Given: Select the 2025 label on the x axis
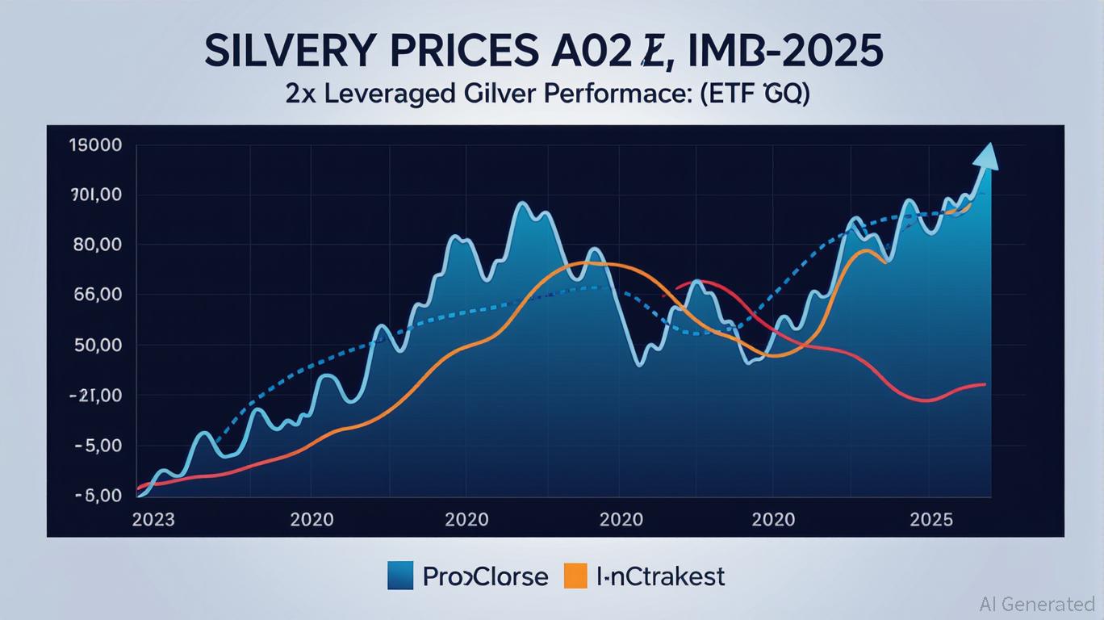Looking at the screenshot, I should pyautogui.click(x=930, y=519).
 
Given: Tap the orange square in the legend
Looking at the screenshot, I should pyautogui.click(x=574, y=576).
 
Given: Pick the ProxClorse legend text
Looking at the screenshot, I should pyautogui.click(x=485, y=576).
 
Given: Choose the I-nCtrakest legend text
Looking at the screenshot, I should pyautogui.click(x=660, y=576).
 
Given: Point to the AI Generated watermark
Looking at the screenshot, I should pyautogui.click(x=1037, y=604).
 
